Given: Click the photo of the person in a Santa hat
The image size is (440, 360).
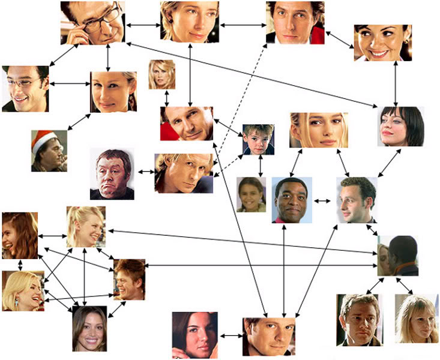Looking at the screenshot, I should [x=49, y=151].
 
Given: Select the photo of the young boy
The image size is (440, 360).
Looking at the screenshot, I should [x=258, y=140].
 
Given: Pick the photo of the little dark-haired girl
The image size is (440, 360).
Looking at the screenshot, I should [x=251, y=194].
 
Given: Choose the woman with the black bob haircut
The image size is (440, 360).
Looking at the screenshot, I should [x=401, y=126].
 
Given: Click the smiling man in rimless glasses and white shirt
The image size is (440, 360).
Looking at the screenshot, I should [x=25, y=89].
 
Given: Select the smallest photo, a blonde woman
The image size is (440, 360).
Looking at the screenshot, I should [x=161, y=74].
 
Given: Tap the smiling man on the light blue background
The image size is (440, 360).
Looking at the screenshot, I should [x=292, y=200].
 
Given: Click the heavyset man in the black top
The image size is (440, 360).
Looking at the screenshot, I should [x=112, y=174].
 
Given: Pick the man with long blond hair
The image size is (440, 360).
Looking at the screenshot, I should [x=184, y=173].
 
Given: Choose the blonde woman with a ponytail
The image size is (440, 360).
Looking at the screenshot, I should [x=85, y=227].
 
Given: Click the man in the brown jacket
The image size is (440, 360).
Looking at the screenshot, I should [x=360, y=320].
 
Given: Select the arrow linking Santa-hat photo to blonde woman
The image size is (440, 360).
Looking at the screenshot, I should [x=79, y=121].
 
